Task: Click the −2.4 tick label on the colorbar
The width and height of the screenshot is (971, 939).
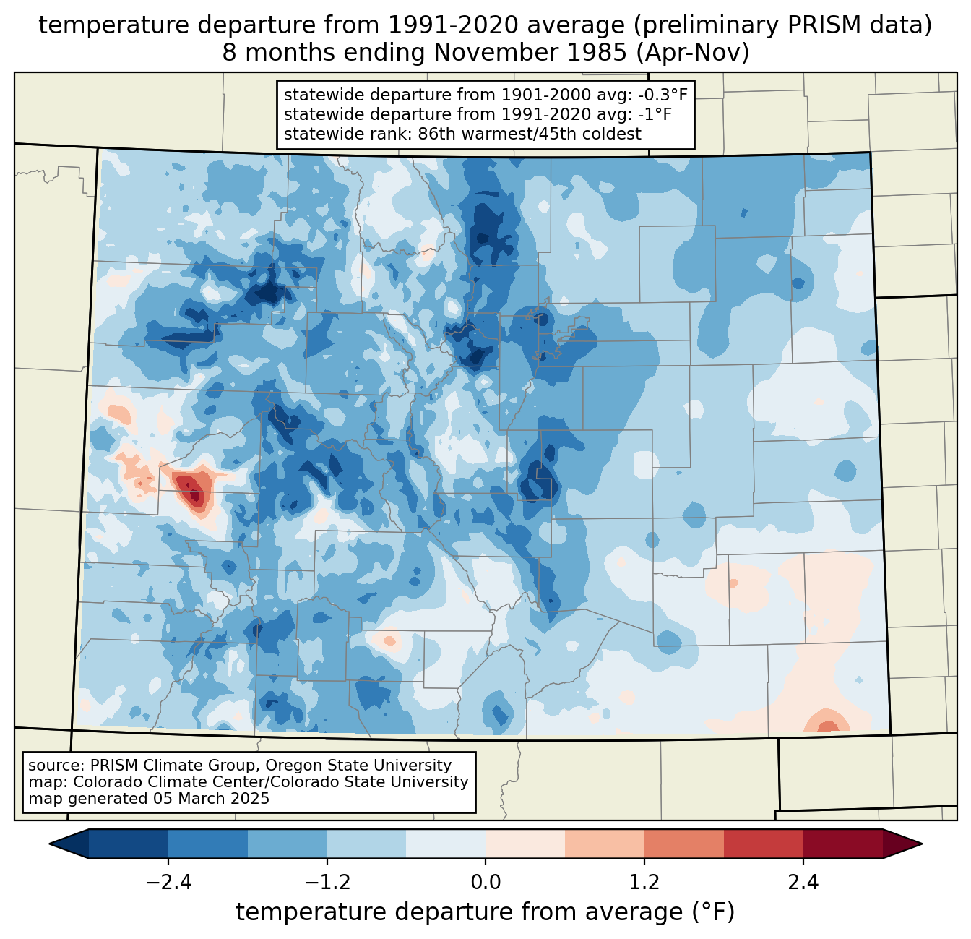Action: (168, 883)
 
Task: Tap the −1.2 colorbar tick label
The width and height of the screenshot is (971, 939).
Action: (327, 883)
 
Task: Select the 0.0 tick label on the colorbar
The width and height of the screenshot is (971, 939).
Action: (485, 883)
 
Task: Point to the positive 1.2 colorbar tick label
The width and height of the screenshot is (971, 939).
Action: (644, 883)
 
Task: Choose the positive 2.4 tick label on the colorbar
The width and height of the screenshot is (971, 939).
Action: (803, 883)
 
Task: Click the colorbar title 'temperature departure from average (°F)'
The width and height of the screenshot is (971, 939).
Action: (485, 912)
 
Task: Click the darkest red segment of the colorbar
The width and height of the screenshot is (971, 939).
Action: (842, 844)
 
